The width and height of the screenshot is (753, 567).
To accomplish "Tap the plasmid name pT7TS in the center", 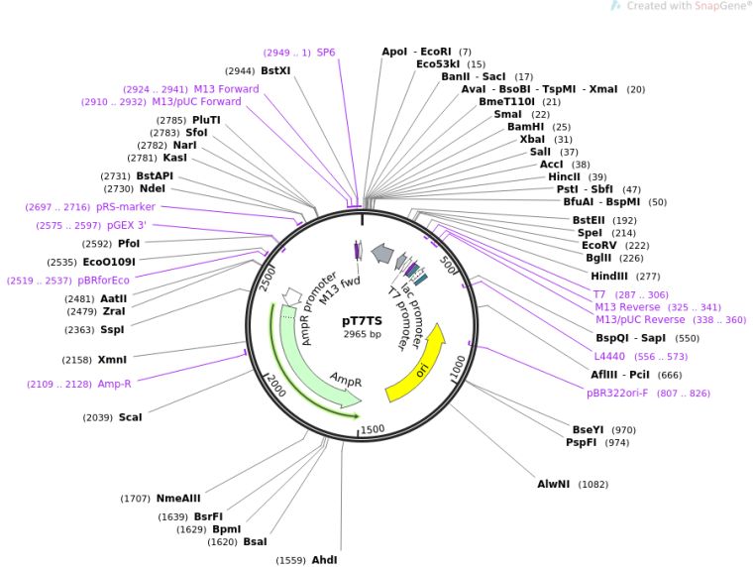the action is pyautogui.click(x=362, y=321).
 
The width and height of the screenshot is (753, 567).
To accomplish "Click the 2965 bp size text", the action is pyautogui.click(x=362, y=334).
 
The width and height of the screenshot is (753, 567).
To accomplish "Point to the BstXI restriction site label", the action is pyautogui.click(x=275, y=70).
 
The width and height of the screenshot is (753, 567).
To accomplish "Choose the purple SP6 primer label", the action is pyautogui.click(x=326, y=53).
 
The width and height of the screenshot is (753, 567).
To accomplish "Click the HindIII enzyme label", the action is pyautogui.click(x=609, y=277).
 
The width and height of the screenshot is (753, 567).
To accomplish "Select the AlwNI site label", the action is pyautogui.click(x=553, y=484).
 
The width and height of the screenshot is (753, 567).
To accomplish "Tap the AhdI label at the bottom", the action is pyautogui.click(x=324, y=560).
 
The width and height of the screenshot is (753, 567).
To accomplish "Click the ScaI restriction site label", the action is pyautogui.click(x=130, y=417).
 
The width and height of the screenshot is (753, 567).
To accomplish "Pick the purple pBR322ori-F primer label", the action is pyautogui.click(x=617, y=394).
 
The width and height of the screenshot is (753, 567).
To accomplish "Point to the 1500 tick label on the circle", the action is pyautogui.click(x=373, y=429).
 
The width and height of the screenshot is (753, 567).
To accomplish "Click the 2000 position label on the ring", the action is pyautogui.click(x=276, y=386).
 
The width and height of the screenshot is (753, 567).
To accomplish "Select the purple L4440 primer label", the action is pyautogui.click(x=609, y=356).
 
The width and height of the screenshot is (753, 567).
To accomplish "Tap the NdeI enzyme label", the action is pyautogui.click(x=153, y=188).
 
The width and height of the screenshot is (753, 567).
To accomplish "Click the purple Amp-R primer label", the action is pyautogui.click(x=114, y=384).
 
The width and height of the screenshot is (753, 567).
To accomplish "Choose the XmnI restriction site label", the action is pyautogui.click(x=112, y=360).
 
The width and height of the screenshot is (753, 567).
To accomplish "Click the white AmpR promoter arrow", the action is pyautogui.click(x=292, y=296).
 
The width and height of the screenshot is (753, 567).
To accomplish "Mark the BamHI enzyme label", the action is pyautogui.click(x=526, y=126).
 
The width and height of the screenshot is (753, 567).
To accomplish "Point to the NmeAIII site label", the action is pyautogui.click(x=178, y=499).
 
